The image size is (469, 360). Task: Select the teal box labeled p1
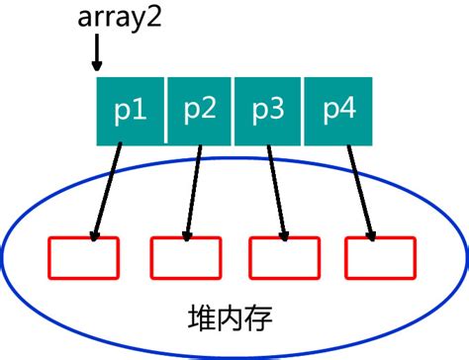click(131, 109)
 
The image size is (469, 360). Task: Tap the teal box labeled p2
click(199, 109)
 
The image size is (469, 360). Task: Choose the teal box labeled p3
click(267, 109)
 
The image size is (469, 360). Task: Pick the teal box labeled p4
click(335, 109)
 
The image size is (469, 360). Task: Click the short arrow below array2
click(96, 51)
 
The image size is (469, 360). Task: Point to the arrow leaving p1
click(107, 188)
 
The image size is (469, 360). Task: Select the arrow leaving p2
click(194, 188)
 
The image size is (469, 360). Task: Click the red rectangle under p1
click(83, 257)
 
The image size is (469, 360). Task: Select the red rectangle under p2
click(185, 257)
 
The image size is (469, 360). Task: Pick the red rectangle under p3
click(285, 257)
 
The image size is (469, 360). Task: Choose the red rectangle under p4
click(381, 257)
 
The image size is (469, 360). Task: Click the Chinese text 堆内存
click(230, 317)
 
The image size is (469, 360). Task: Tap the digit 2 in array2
click(152, 19)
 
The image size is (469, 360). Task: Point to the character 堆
click(202, 317)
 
